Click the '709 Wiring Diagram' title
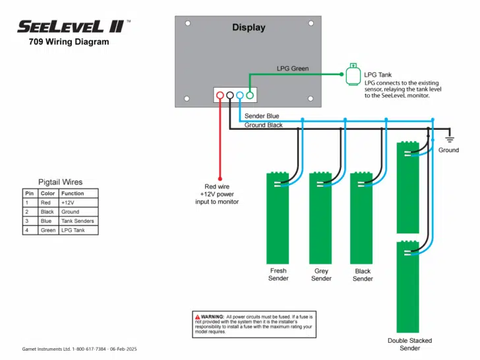click(x=69, y=42)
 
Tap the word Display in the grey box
click(x=249, y=28)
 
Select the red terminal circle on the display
click(x=220, y=96)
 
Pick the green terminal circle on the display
click(x=250, y=96)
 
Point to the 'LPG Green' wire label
click(x=292, y=69)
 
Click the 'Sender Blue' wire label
click(x=262, y=116)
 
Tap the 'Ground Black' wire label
click(x=264, y=125)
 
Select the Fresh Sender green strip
click(x=278, y=218)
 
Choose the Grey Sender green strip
click(x=320, y=218)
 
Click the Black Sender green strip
click(x=362, y=218)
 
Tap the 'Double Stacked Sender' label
click(x=409, y=344)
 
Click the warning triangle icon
click(x=196, y=317)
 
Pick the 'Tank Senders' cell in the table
click(x=78, y=221)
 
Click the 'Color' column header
click(x=47, y=193)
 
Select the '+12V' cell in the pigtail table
click(x=69, y=202)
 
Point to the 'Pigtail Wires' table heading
click(x=60, y=182)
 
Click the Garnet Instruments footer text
click(x=79, y=349)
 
